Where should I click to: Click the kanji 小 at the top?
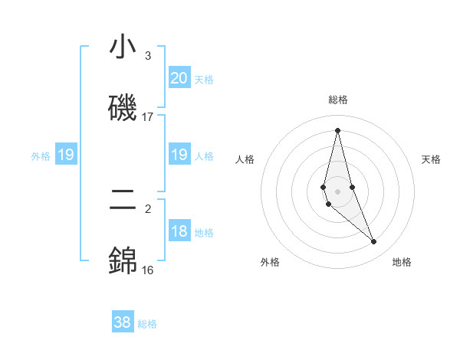click(123, 47)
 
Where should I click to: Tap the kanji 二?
click(123, 201)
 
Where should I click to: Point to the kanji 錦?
click(123, 260)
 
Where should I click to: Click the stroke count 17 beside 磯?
click(148, 116)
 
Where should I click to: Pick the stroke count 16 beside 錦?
click(148, 270)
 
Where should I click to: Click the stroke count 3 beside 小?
click(148, 56)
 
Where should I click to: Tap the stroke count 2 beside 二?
click(148, 209)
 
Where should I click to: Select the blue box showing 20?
click(179, 78)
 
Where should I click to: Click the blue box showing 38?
click(123, 323)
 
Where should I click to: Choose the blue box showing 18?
click(179, 232)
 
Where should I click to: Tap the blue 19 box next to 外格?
click(66, 155)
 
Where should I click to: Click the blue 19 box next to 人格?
click(179, 155)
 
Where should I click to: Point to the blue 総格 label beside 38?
click(147, 324)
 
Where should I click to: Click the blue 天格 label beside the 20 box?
click(204, 80)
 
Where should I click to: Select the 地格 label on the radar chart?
click(402, 262)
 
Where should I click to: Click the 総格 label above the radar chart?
click(338, 100)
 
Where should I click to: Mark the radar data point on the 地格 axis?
click(374, 242)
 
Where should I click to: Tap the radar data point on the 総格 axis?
click(337, 129)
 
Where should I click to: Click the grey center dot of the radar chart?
click(337, 191)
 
